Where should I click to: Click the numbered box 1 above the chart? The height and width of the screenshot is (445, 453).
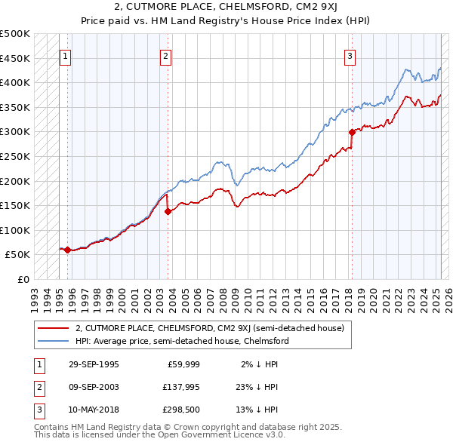(x=65, y=55)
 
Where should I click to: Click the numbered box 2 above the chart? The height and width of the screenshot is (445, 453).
(x=165, y=55)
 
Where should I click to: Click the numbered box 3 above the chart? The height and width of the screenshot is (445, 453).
(x=350, y=55)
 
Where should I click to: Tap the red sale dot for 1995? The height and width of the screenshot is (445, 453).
(x=67, y=250)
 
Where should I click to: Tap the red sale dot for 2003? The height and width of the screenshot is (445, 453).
(x=168, y=211)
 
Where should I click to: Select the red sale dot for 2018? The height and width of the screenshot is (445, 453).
(x=352, y=133)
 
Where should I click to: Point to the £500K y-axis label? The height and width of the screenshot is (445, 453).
(x=15, y=34)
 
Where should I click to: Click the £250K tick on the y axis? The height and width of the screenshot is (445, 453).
(x=15, y=156)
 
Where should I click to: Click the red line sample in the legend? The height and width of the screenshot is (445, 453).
(x=53, y=328)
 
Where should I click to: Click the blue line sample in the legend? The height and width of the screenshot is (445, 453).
(x=53, y=341)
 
